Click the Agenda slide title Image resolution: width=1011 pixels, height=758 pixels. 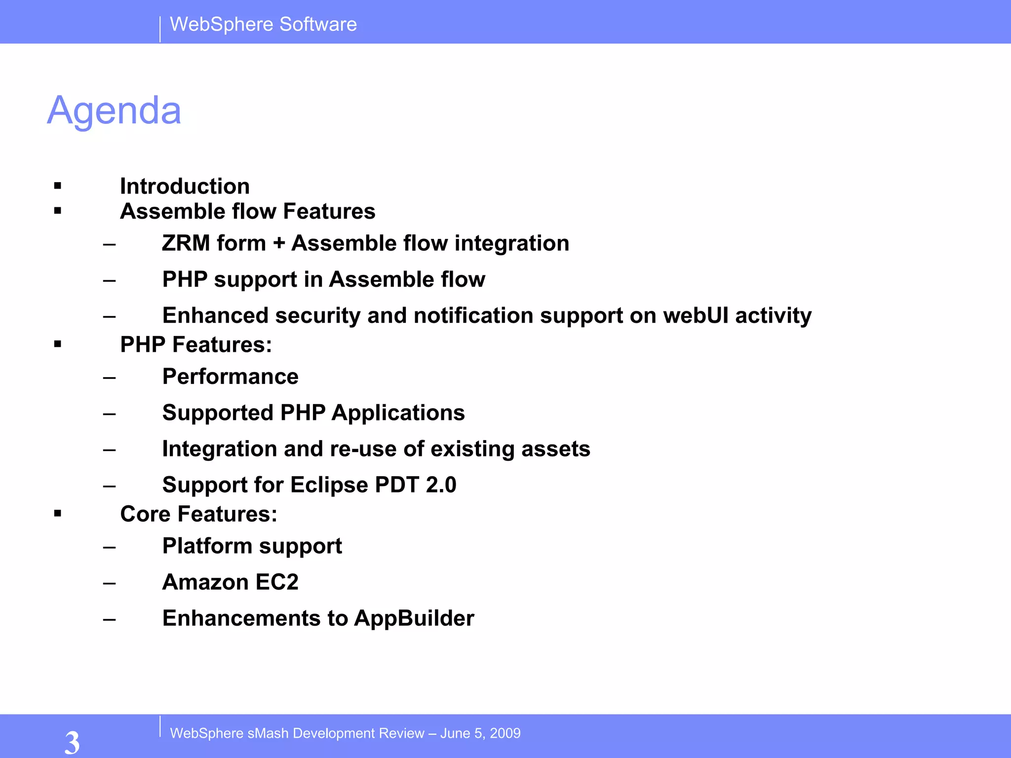tap(114, 111)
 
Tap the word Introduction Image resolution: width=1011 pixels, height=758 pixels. tap(185, 187)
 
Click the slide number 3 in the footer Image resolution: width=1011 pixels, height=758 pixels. tap(72, 742)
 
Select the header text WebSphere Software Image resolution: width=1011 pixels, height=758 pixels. tap(263, 24)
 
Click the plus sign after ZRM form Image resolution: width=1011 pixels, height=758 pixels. tap(279, 243)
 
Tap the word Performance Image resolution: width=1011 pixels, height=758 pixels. tap(230, 377)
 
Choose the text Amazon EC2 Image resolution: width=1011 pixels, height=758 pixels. tap(230, 582)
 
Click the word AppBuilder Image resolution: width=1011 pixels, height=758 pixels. tap(414, 618)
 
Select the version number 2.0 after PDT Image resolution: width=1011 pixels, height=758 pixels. tap(441, 485)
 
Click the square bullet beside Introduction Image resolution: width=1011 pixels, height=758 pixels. tap(58, 186)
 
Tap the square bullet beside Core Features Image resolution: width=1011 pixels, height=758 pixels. tap(58, 514)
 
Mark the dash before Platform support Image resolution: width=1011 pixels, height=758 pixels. tap(110, 547)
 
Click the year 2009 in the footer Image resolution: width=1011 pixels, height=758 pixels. tap(505, 733)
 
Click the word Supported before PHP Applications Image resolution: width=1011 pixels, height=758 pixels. tap(218, 413)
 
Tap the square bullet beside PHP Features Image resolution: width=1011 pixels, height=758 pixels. tap(58, 344)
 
